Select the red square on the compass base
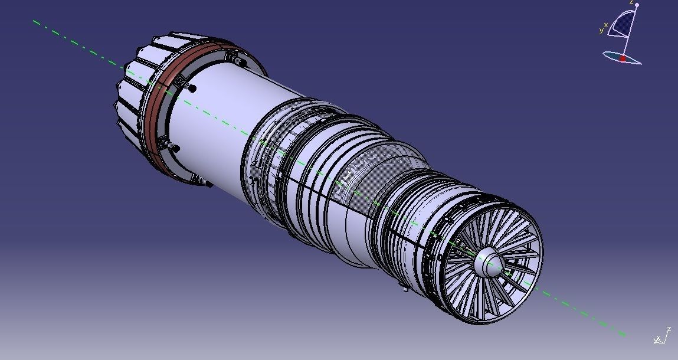click(x=623, y=58)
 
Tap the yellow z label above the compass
click(x=631, y=2)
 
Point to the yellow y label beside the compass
click(x=601, y=30)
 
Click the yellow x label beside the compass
click(x=606, y=25)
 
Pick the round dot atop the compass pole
click(x=637, y=5)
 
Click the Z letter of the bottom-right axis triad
click(x=669, y=329)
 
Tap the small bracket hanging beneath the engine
click(x=403, y=288)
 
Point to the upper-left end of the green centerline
click(x=34, y=21)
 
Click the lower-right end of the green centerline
click(x=624, y=335)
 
